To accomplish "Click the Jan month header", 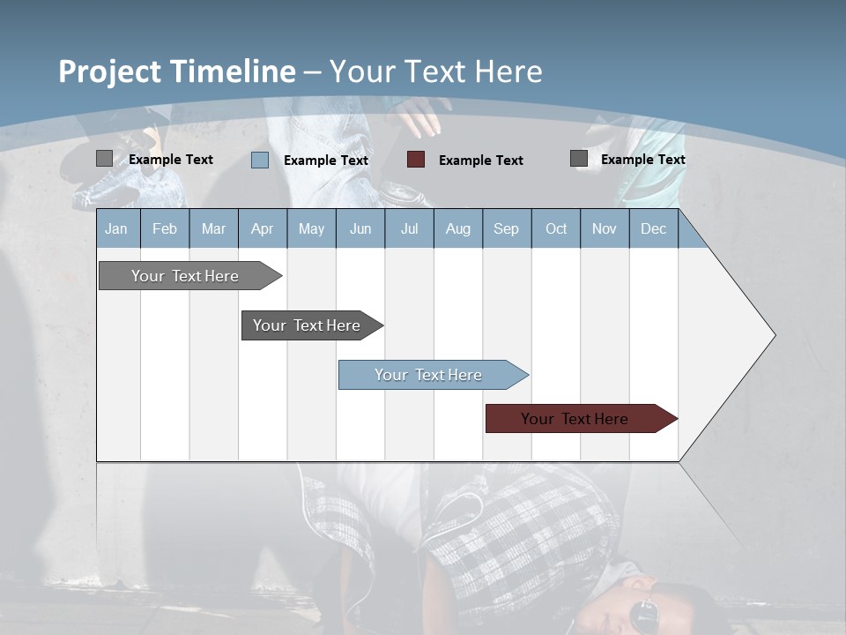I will pos(116,228).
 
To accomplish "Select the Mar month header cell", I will pos(213,228).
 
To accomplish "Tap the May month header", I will pos(311,228).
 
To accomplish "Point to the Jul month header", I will pos(409,228).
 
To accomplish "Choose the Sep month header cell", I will pos(506,228).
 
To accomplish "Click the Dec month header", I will pos(653,228).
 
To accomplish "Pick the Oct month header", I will pos(556,228).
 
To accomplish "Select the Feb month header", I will pos(165,228).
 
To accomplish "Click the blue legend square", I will pos(260,160).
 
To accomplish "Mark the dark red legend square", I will pos(416,160).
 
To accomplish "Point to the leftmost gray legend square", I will pos(104,159).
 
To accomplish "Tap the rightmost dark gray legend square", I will pos(579,159).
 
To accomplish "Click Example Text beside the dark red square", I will pos(480,161).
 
